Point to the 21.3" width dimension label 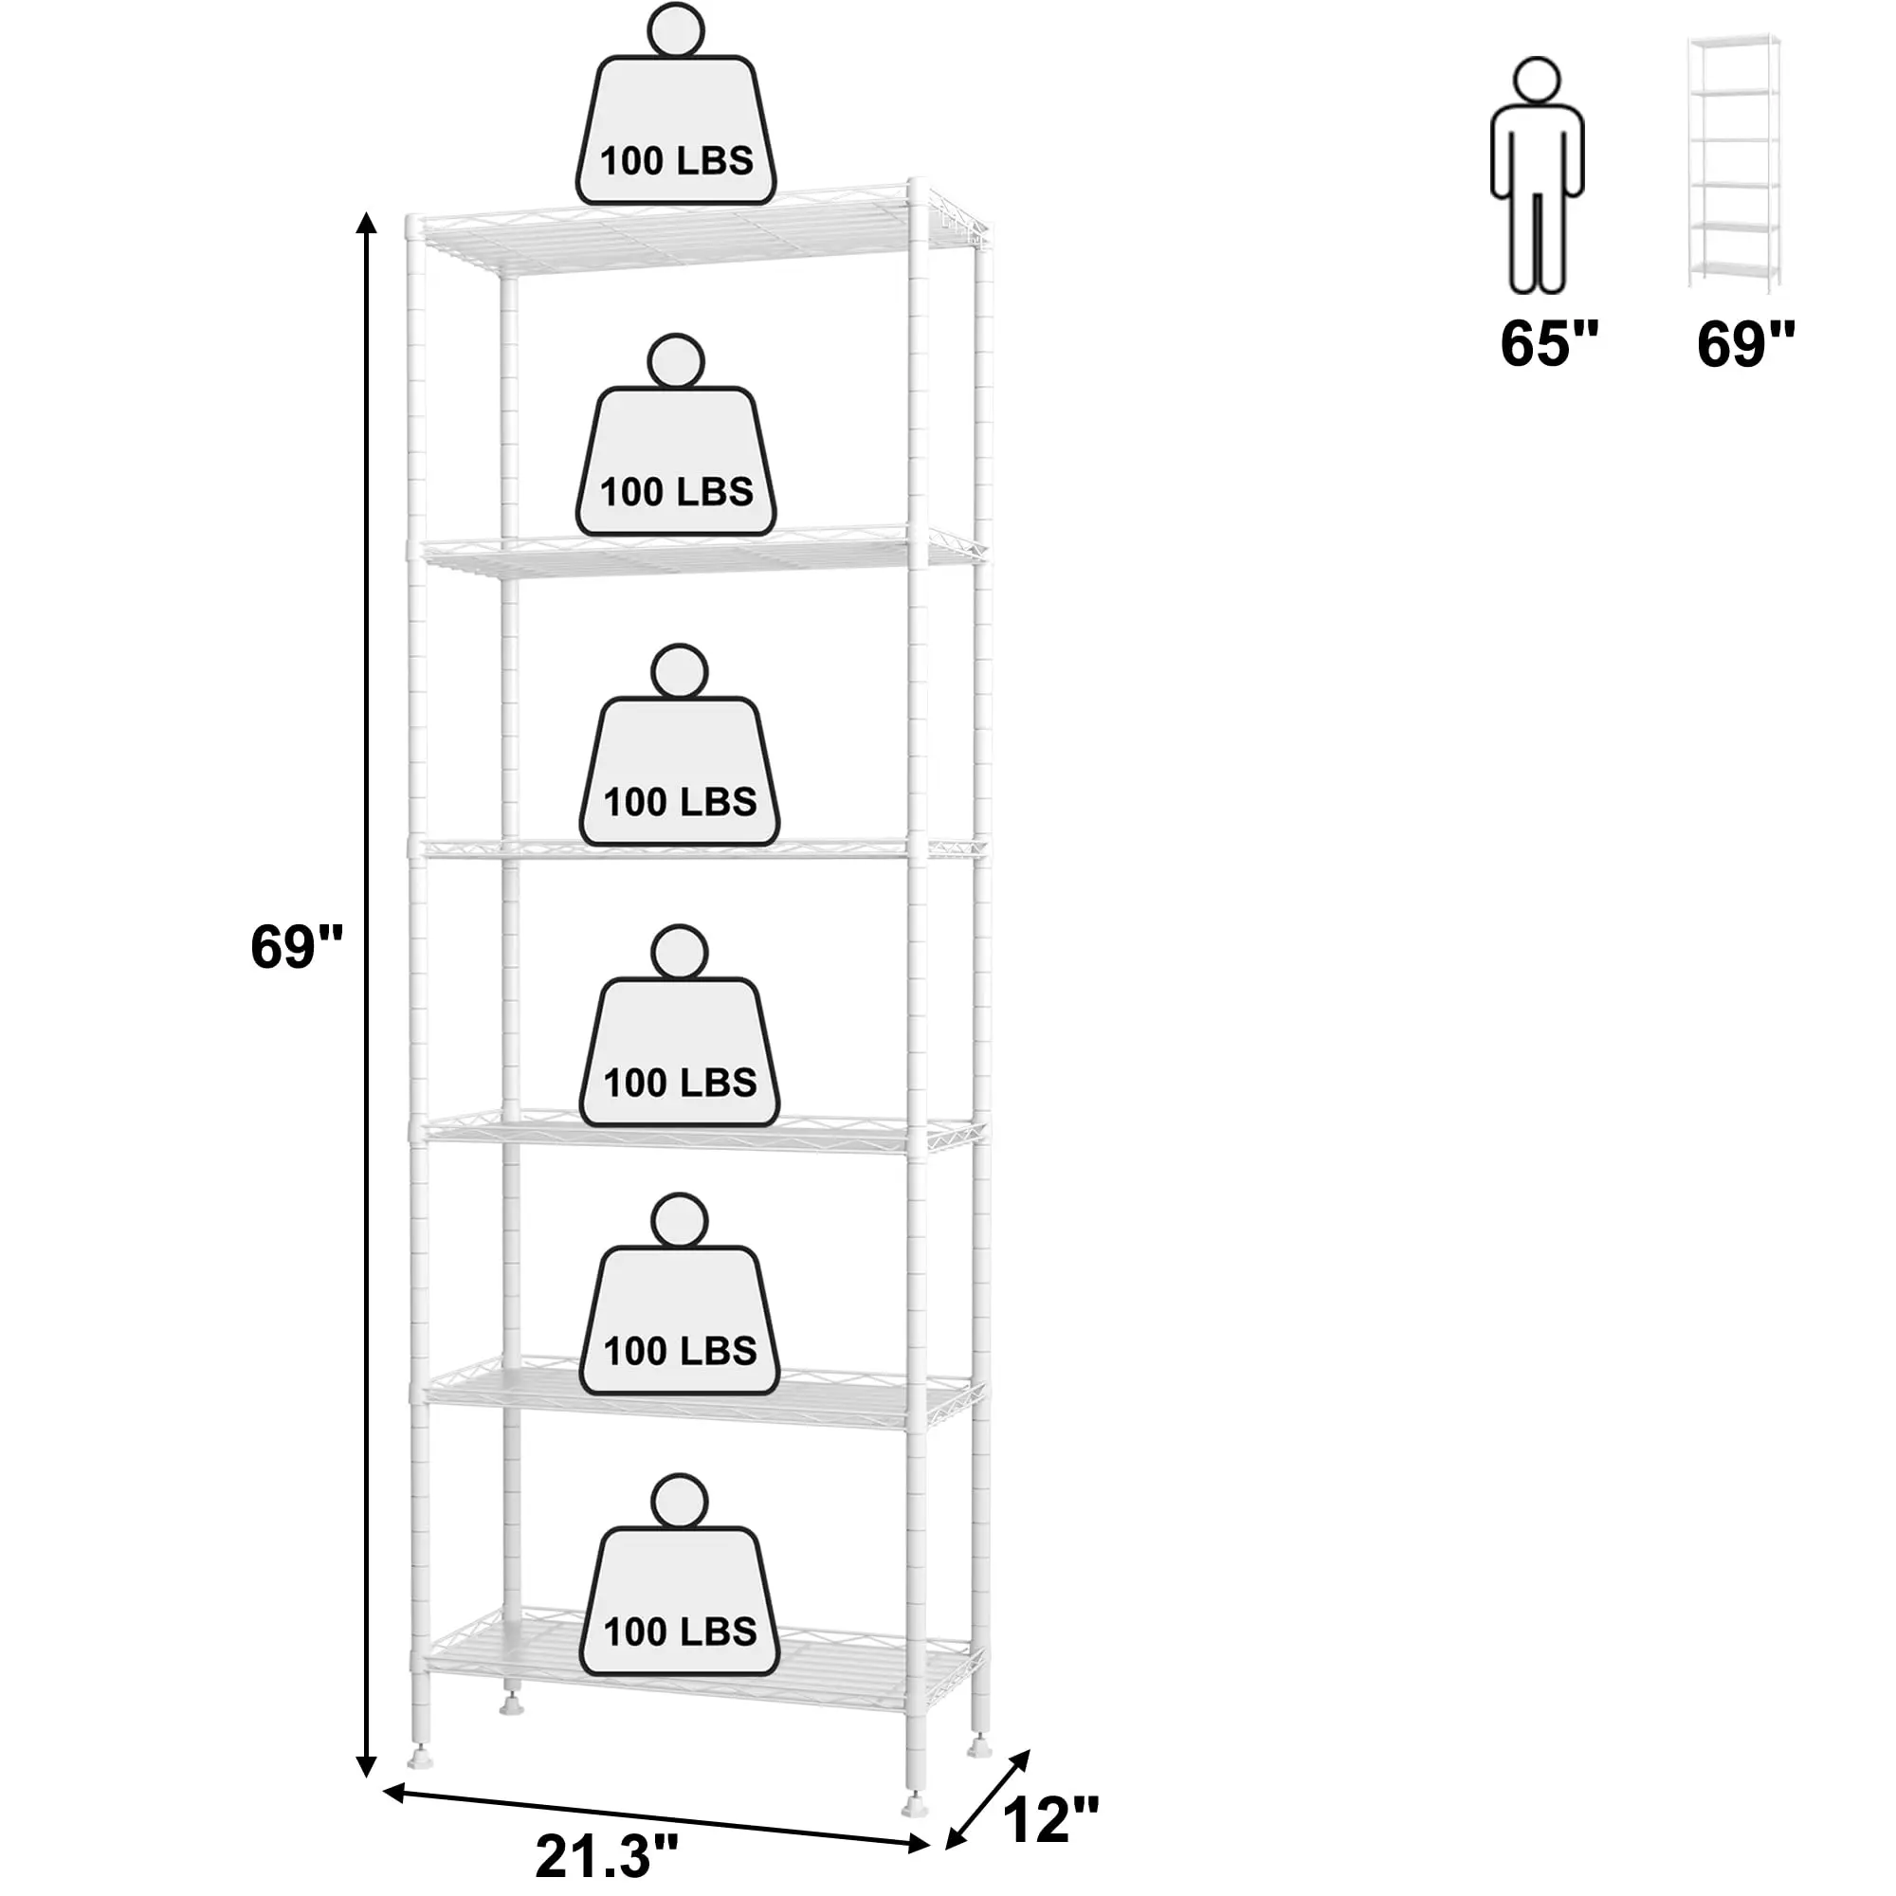607,1856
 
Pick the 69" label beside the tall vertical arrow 297,947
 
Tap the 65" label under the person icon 1549,342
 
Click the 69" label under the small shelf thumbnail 1746,342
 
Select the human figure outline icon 1537,176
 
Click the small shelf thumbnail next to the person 1734,164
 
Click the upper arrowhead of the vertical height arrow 366,224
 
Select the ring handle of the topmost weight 676,32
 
